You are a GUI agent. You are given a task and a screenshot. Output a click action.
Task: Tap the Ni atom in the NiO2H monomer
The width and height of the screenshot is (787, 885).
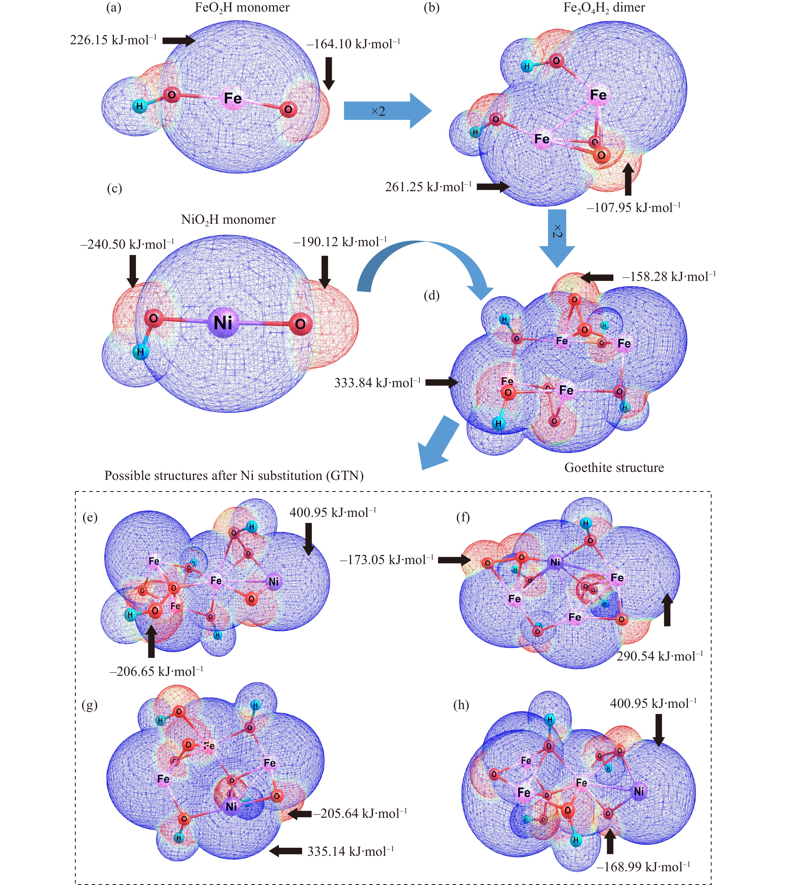pyautogui.click(x=223, y=323)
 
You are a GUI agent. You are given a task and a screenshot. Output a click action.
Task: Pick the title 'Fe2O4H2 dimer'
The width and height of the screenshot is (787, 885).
pyautogui.click(x=604, y=8)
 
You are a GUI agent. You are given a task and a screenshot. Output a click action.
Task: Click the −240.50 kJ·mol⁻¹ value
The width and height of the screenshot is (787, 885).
pyautogui.click(x=127, y=245)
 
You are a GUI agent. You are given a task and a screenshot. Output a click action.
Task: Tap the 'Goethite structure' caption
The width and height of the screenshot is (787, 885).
pyautogui.click(x=614, y=468)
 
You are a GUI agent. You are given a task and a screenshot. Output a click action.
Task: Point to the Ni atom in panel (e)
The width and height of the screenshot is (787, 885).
pyautogui.click(x=273, y=582)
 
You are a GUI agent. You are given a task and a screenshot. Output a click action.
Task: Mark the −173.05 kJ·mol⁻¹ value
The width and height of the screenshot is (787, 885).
pyautogui.click(x=387, y=560)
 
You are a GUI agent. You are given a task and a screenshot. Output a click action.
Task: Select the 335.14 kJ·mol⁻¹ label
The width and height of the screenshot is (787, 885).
pyautogui.click(x=351, y=851)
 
